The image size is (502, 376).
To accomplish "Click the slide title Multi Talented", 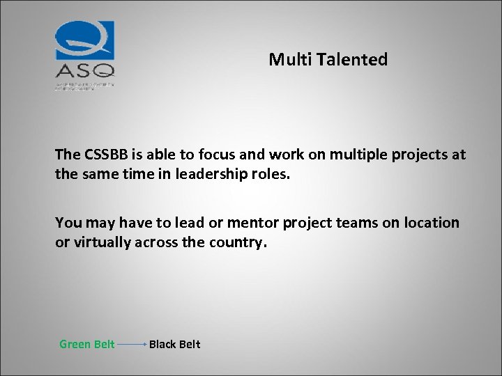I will click(x=328, y=60).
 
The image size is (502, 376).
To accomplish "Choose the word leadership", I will click(x=213, y=173).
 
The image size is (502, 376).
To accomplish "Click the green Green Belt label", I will click(x=87, y=344).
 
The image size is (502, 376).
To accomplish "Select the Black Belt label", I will click(x=174, y=344).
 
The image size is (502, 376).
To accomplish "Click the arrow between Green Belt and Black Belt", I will click(x=132, y=344).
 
